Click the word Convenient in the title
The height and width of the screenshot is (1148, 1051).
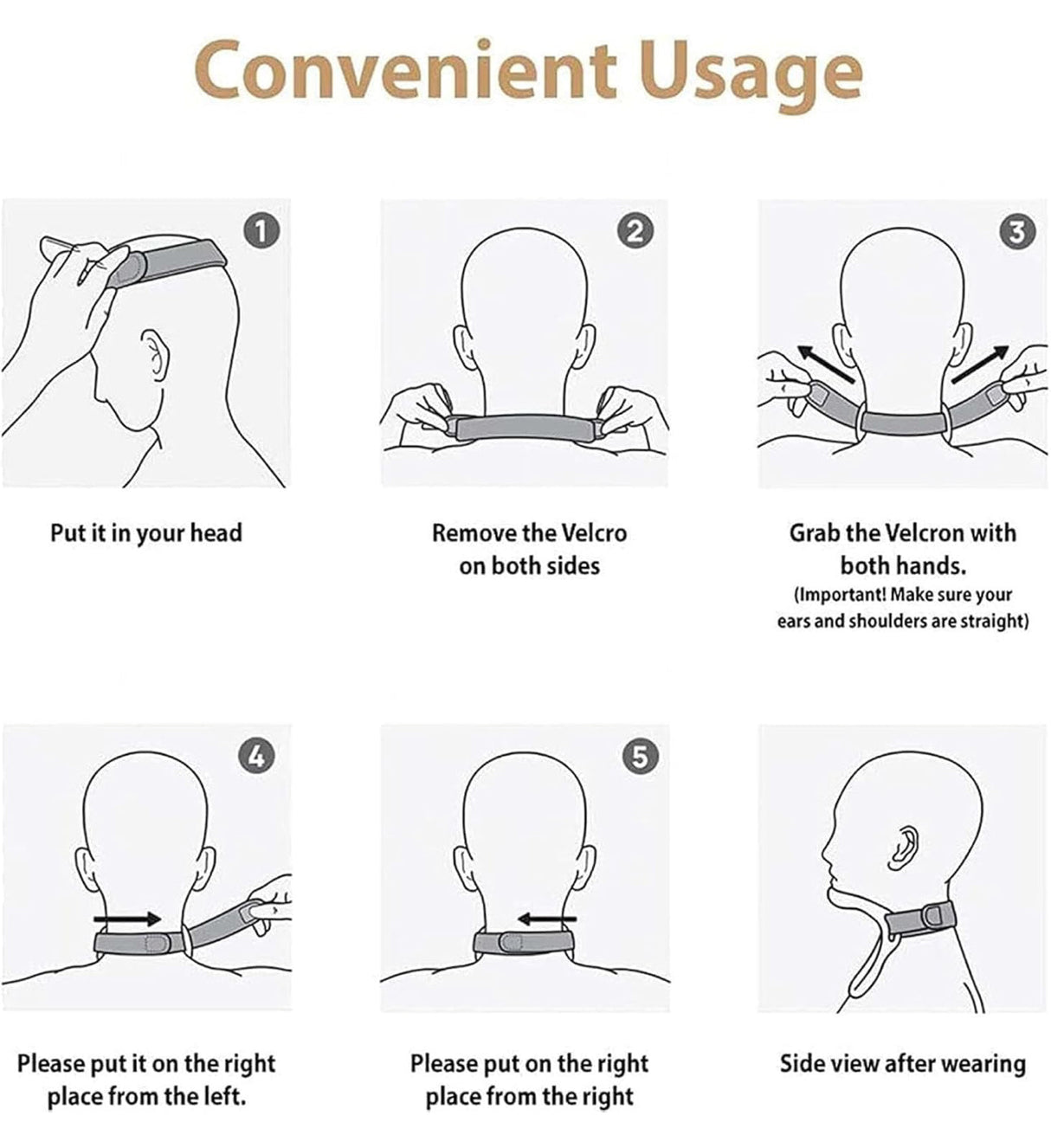[x=405, y=69]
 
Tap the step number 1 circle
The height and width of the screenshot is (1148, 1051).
[x=261, y=231]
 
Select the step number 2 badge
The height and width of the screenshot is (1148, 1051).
[x=635, y=231]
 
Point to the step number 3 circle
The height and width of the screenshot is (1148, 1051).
[x=1016, y=231]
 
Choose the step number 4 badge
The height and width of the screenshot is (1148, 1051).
[x=256, y=756]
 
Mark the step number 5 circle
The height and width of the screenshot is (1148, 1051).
[x=639, y=756]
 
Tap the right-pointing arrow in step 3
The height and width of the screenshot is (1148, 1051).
[x=981, y=364]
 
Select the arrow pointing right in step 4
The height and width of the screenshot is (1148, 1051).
[x=127, y=919]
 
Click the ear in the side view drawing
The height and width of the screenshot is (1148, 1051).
[x=904, y=846]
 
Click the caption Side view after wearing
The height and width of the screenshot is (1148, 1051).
[x=902, y=1063]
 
